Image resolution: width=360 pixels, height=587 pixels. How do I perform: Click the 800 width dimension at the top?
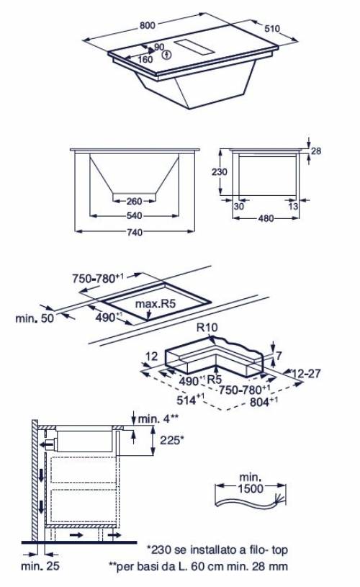[x=148, y=25]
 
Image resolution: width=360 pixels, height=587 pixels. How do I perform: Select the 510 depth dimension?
[x=272, y=29]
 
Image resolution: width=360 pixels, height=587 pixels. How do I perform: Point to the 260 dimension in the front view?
[x=135, y=201]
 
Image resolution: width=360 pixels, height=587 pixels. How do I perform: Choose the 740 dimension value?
[x=135, y=232]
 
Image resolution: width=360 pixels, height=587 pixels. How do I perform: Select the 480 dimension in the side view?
[x=266, y=219]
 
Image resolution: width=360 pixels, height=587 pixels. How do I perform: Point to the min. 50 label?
[x=35, y=318]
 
